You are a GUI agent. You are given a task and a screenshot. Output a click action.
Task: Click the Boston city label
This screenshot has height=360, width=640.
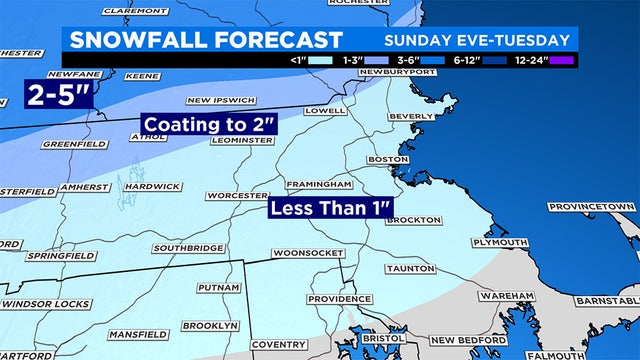point(390,160)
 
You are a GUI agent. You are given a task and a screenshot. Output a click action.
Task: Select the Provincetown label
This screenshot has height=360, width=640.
point(592,206)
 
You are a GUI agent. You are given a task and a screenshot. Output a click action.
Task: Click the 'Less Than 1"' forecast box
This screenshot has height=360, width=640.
point(329,210)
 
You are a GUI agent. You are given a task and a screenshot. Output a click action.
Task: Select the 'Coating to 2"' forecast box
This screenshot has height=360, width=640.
point(208,125)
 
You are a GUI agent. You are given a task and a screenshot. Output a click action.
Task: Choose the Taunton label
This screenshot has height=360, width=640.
point(411,269)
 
